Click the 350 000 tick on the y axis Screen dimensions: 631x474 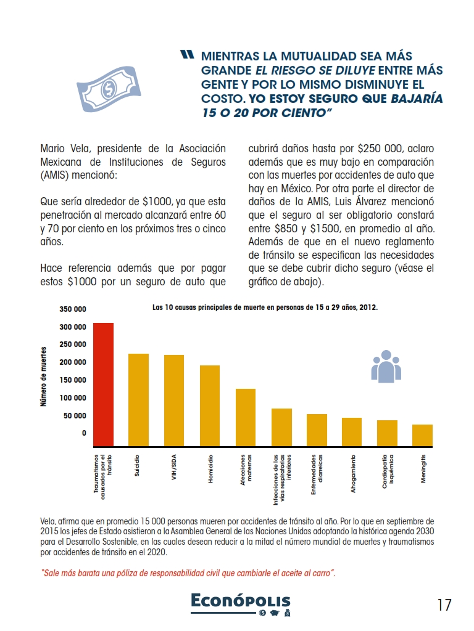pos(73,309)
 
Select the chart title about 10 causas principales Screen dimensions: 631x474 pos(265,306)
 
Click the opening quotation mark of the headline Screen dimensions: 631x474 pos(188,55)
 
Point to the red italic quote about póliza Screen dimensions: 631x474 pos(188,572)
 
